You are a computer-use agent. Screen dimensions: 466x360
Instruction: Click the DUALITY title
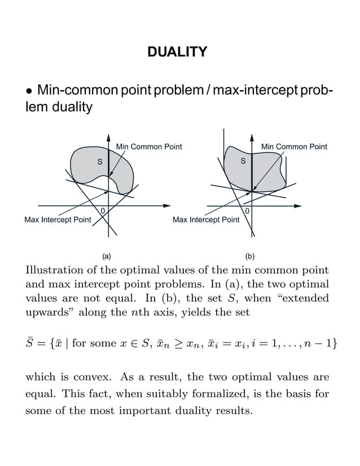coord(177,52)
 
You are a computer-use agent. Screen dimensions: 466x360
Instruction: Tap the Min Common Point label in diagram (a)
coord(149,147)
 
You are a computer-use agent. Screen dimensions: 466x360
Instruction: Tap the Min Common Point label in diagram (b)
coord(294,147)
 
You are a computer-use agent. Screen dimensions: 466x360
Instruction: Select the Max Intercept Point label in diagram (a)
coord(58,219)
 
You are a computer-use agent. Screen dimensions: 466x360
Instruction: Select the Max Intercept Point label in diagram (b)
coord(206,219)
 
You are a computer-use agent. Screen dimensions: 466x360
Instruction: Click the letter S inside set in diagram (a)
coord(100,162)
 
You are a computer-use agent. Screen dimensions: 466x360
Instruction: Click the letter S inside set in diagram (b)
coord(244,162)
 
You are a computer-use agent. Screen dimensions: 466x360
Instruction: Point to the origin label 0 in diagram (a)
coord(102,211)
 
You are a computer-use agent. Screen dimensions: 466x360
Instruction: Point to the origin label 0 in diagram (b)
coord(248,211)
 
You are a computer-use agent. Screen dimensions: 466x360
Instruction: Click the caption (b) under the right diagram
coord(250,256)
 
